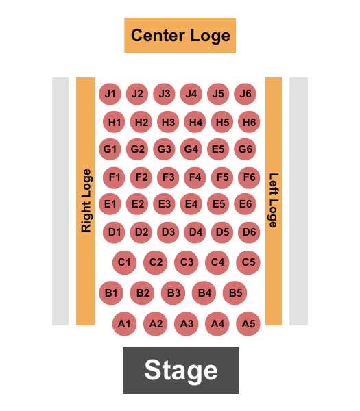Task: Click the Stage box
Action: coord(181,371)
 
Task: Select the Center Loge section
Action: coord(180,35)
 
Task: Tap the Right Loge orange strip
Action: coord(85,201)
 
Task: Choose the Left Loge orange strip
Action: coord(274,201)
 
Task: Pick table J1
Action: coord(110,94)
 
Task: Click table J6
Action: coord(245,94)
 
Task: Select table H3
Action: coord(168,122)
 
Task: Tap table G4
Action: coord(191,149)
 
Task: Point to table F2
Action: coord(141,177)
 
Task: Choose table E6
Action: coord(245,204)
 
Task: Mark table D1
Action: coord(114,232)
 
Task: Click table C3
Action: coord(187,262)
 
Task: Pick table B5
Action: coord(235,292)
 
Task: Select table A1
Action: coord(124,324)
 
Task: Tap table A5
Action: coord(248,324)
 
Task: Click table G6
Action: coord(245,149)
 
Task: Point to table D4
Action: coord(195,232)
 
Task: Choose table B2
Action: coord(142,292)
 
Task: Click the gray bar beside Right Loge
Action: coord(60,201)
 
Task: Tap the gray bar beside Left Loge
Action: coord(298,201)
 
